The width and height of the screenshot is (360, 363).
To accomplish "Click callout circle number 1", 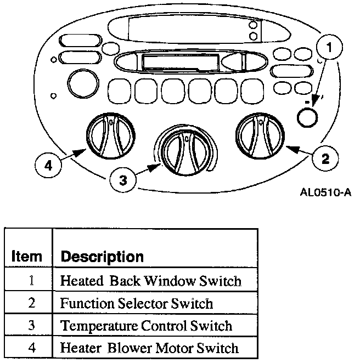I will click(x=329, y=49).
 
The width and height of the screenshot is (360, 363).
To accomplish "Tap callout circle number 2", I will click(x=325, y=159).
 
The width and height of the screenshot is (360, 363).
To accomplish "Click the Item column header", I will click(x=26, y=256).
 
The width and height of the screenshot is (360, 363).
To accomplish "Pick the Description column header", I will click(x=102, y=256).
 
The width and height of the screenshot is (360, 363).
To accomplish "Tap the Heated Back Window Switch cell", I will click(x=150, y=281).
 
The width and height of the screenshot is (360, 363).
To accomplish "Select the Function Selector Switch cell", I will click(x=136, y=303).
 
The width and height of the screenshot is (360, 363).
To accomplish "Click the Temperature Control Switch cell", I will click(x=146, y=325).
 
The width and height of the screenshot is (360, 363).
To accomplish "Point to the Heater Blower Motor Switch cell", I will click(x=149, y=348).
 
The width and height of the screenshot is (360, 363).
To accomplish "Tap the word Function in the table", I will click(x=84, y=303).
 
